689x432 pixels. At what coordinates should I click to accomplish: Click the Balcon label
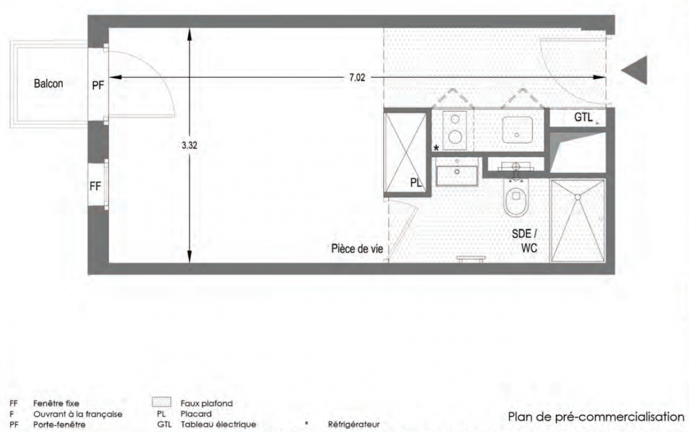click(49, 84)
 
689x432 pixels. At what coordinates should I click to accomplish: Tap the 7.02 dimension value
click(357, 77)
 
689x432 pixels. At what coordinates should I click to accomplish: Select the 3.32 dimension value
click(189, 145)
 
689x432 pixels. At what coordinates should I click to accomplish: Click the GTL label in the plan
click(583, 117)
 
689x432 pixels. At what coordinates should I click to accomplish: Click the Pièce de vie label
click(357, 248)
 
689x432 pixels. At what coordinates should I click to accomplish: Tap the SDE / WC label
click(525, 241)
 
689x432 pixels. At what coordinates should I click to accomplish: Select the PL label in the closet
click(416, 183)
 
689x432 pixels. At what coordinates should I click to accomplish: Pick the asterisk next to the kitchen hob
click(436, 148)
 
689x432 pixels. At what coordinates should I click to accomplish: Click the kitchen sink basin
click(517, 130)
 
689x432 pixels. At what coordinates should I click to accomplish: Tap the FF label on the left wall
click(95, 186)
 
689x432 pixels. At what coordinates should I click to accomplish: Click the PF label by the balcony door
click(98, 85)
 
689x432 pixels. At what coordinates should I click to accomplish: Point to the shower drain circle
click(577, 197)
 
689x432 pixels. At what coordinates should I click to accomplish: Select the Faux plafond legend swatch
click(162, 402)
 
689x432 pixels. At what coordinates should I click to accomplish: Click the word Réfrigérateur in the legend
click(354, 424)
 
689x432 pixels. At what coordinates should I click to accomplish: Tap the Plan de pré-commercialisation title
click(596, 417)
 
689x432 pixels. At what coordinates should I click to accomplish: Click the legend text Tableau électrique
click(218, 424)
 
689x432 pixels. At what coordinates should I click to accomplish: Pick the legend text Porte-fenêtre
click(59, 424)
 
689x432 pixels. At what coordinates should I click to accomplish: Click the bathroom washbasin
click(457, 172)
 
